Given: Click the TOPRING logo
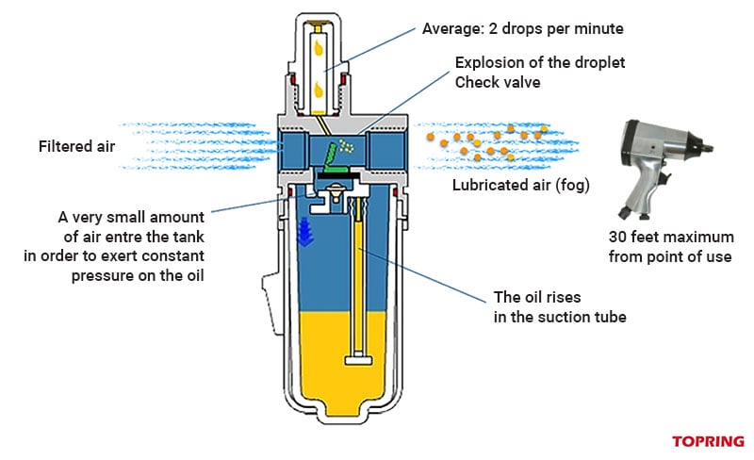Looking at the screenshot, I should pos(708,441).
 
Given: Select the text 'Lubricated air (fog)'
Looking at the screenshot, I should pos(520,185).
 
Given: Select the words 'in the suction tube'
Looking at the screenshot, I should pos(560,318).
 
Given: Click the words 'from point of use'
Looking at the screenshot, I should pos(670,256).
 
